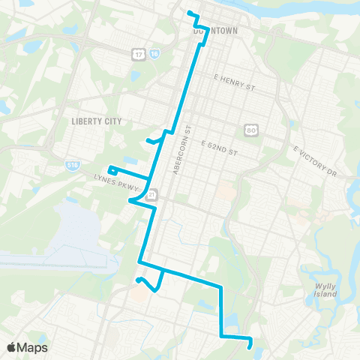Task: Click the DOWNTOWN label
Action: pyautogui.click(x=214, y=31)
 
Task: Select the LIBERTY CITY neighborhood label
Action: pyautogui.click(x=95, y=120)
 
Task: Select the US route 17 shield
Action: pyautogui.click(x=139, y=54)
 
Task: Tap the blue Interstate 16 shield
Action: pyautogui.click(x=154, y=54)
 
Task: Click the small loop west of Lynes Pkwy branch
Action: pyautogui.click(x=112, y=169)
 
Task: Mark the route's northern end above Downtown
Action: pyautogui.click(x=189, y=13)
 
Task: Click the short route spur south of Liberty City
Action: pyautogui.click(x=154, y=139)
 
